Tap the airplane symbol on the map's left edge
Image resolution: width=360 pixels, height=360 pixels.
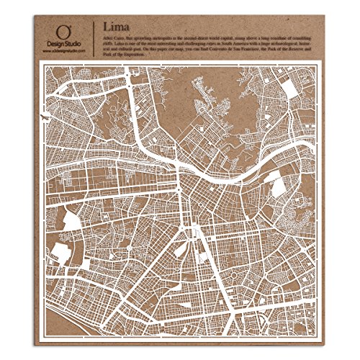[45, 116]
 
